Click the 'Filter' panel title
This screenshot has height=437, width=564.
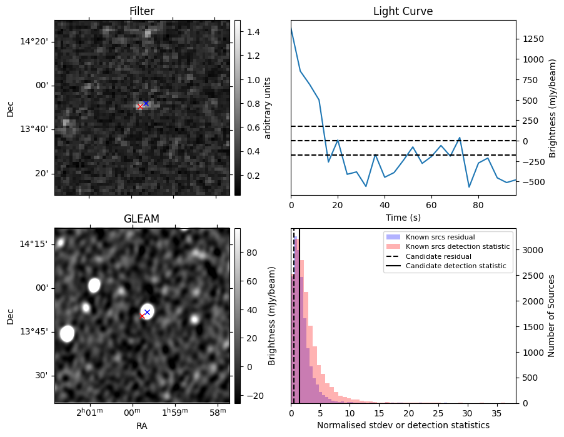point(141,11)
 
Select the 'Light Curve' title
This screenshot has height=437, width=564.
point(403,11)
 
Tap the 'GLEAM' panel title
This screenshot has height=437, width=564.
point(141,219)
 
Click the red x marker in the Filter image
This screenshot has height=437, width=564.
point(140,106)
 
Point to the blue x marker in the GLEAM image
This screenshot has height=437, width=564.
point(147,312)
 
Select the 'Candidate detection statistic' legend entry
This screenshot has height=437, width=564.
point(456,266)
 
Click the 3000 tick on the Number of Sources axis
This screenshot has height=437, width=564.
point(532,250)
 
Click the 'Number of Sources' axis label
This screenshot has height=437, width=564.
point(551,315)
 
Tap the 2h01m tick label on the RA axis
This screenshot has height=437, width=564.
point(89,413)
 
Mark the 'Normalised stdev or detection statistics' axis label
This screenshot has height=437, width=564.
point(403,425)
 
